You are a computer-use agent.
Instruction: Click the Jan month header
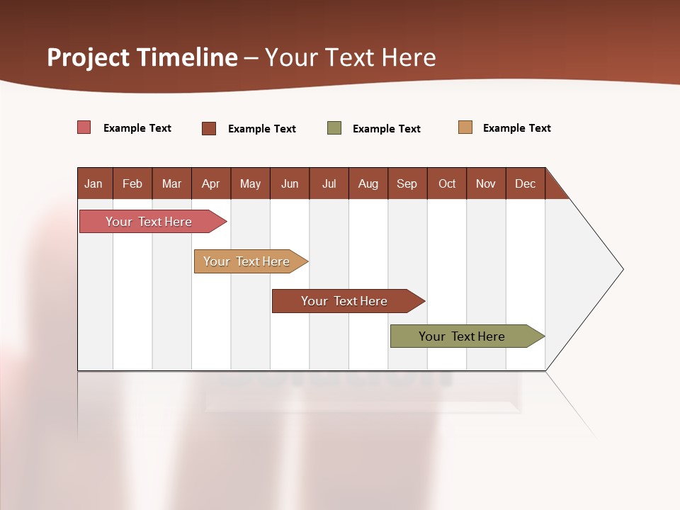tap(93, 183)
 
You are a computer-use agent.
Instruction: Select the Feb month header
tap(132, 183)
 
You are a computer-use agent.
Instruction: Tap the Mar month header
tap(171, 183)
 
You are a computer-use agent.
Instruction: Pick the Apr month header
tap(211, 183)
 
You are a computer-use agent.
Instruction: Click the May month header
tap(250, 183)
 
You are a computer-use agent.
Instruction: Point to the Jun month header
tap(290, 183)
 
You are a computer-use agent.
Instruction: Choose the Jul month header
tap(329, 183)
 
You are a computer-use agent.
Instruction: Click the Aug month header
tap(368, 183)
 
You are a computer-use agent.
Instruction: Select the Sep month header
tap(407, 183)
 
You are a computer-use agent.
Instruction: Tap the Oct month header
tap(447, 183)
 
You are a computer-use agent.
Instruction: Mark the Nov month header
tap(486, 183)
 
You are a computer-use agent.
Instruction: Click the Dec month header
tap(526, 183)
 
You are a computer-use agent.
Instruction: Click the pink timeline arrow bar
tap(149, 222)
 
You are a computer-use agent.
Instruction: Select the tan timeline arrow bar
tap(247, 261)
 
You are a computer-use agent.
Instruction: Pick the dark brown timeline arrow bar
tap(345, 301)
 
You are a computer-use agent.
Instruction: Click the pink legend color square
tap(84, 127)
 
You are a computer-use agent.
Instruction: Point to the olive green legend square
tap(334, 128)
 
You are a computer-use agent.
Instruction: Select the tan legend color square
tap(465, 127)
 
